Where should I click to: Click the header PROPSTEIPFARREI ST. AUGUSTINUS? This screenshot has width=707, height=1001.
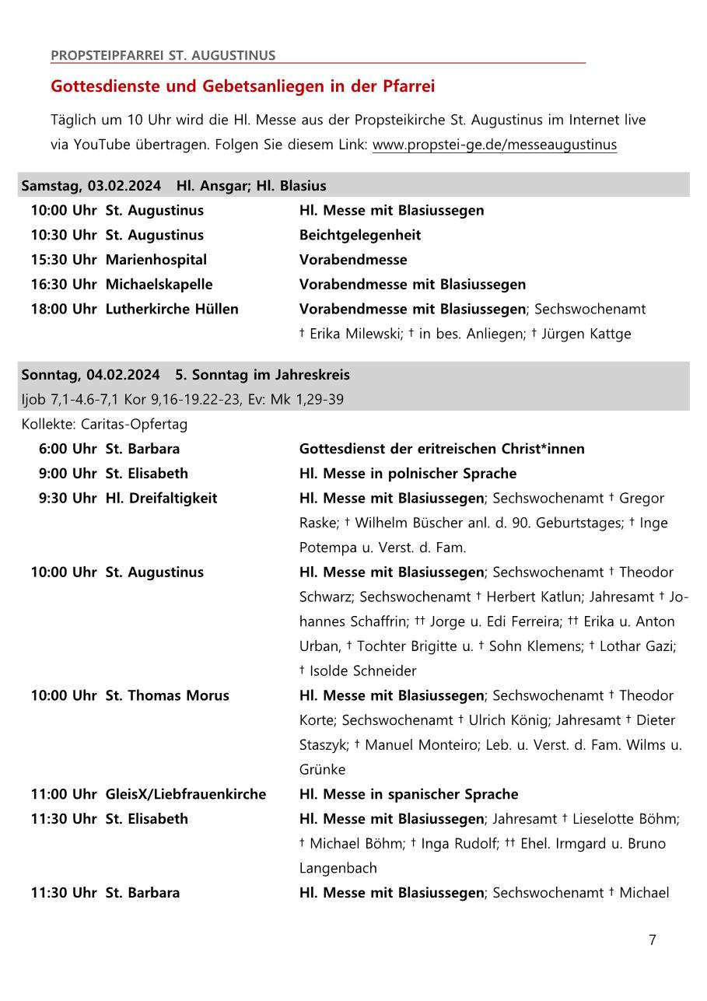click(x=163, y=55)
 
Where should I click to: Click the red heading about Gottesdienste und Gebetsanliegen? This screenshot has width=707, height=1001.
click(x=243, y=86)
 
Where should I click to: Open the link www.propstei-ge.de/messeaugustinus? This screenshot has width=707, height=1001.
click(x=494, y=145)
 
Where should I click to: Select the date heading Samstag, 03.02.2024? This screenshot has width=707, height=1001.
click(x=91, y=186)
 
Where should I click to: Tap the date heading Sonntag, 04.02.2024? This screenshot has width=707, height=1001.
click(x=91, y=375)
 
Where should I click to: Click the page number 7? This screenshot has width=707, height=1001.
click(x=652, y=940)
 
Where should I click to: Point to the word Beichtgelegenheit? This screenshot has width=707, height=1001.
click(x=359, y=235)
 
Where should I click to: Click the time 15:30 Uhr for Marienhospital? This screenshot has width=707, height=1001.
click(x=64, y=260)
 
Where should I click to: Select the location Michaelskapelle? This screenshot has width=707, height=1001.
click(x=159, y=285)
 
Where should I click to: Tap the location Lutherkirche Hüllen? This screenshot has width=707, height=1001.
click(x=172, y=309)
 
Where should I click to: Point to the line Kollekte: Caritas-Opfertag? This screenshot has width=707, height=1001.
click(x=104, y=425)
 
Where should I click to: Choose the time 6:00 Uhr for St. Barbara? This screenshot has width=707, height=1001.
click(x=68, y=449)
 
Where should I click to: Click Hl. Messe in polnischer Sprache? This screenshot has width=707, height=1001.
click(x=408, y=474)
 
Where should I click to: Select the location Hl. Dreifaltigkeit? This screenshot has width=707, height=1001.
click(x=161, y=498)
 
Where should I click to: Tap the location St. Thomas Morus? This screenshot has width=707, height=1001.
click(x=167, y=695)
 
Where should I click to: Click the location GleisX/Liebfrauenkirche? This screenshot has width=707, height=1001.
click(x=185, y=794)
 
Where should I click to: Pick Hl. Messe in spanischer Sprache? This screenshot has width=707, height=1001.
click(x=408, y=794)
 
